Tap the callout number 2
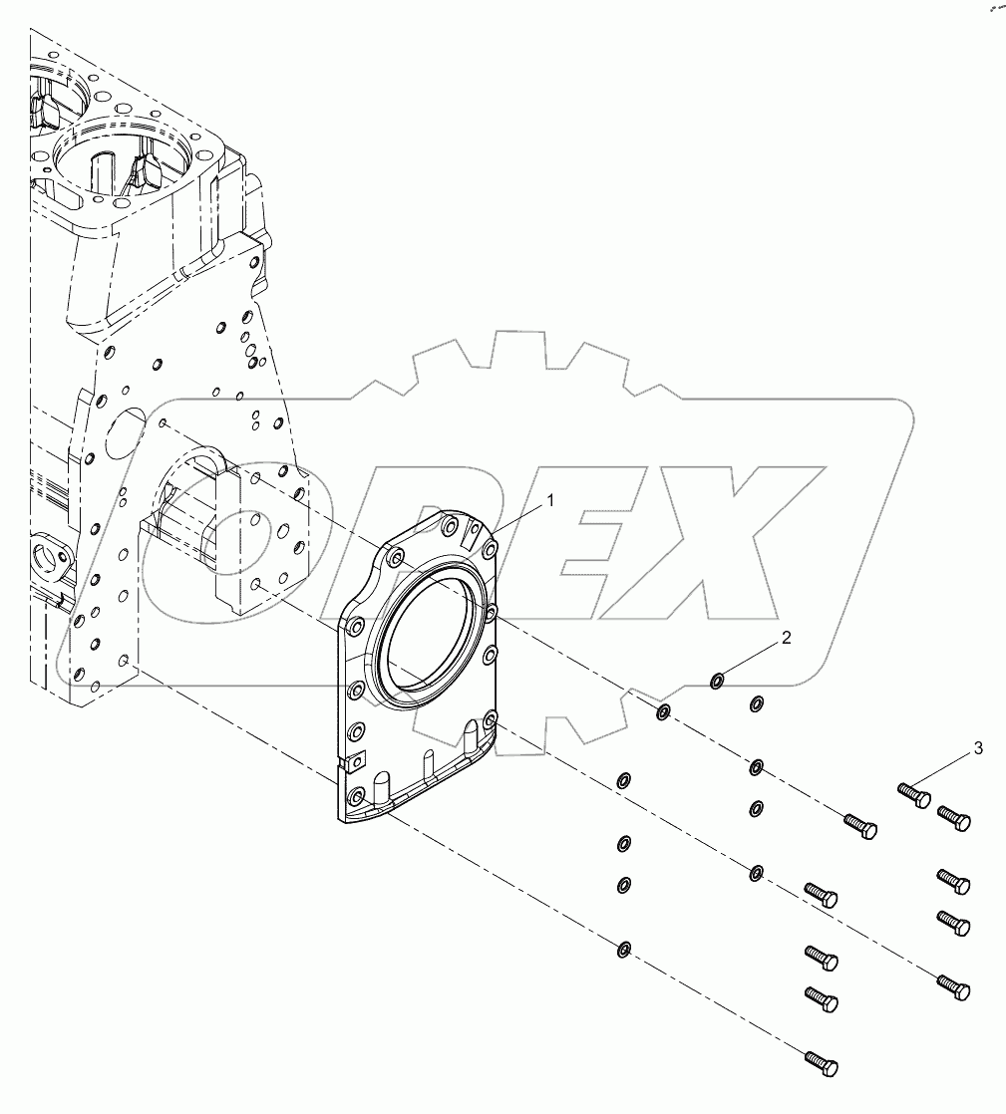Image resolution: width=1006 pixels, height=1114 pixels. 786,639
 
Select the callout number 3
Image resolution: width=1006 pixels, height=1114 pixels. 977,747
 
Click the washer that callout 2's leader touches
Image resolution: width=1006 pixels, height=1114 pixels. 717,682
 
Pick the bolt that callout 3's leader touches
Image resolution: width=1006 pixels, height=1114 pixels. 913,795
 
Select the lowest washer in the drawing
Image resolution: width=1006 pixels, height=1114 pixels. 623,948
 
